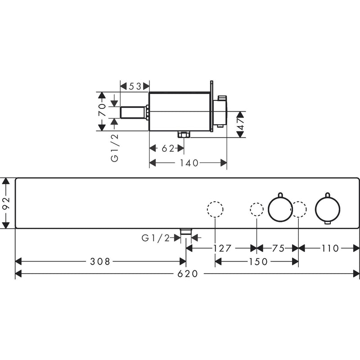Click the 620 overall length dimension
click(187, 274)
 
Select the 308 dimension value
click(100, 261)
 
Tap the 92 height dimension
click(5, 203)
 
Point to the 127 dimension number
click(222, 248)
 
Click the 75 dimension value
click(278, 248)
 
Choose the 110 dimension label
click(330, 248)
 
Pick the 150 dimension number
click(258, 261)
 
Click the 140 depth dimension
click(189, 163)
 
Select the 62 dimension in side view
click(168, 148)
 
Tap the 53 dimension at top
click(135, 86)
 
